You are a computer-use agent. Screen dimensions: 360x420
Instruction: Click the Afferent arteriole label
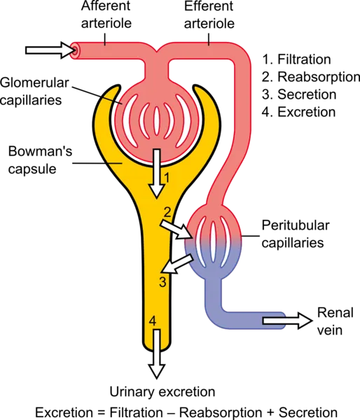106,15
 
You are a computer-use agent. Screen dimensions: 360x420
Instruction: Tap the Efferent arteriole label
209,15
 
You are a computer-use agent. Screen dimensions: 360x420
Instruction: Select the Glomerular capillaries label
34,91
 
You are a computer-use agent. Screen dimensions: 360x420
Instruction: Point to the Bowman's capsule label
40,160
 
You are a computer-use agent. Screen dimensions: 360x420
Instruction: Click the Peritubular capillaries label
296,234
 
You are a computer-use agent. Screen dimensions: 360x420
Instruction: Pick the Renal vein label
335,321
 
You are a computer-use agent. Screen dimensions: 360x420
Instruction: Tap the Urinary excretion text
162,391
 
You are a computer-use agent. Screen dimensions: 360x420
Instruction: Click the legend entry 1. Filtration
296,59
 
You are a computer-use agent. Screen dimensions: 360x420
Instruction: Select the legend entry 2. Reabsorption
311,77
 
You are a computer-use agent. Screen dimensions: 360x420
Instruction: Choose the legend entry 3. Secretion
299,94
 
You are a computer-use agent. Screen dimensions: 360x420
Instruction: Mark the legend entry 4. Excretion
298,112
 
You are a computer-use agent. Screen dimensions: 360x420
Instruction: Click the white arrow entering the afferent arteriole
49,50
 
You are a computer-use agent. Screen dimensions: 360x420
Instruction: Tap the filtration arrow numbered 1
156,174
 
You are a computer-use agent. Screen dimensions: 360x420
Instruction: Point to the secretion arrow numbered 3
178,264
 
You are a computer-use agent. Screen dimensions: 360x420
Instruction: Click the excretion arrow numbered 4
157,354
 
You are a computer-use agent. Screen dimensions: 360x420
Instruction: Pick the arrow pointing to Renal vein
287,321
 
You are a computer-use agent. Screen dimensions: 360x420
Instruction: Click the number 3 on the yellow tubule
162,282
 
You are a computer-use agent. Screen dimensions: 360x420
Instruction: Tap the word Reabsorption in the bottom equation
221,413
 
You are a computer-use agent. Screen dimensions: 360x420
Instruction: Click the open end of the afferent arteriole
74,50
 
